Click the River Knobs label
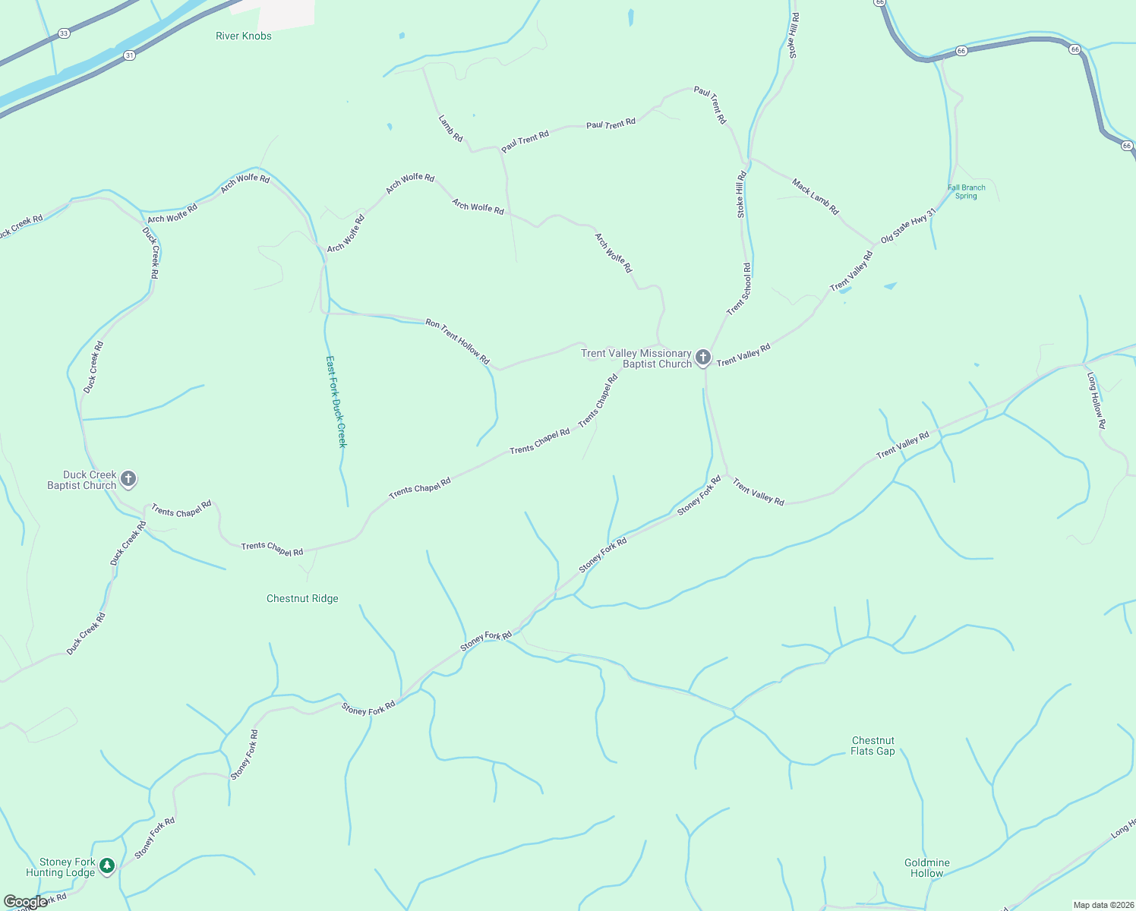(x=243, y=36)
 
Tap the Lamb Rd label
(x=450, y=128)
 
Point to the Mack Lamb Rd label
(x=815, y=197)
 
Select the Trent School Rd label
(x=739, y=289)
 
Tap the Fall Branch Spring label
(x=966, y=192)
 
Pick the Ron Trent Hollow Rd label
(x=457, y=342)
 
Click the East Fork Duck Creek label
(x=336, y=402)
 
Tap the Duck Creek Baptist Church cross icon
(x=128, y=479)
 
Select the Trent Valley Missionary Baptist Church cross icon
(x=703, y=358)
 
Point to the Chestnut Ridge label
(x=302, y=598)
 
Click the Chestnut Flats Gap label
(x=873, y=746)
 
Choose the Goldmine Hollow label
(x=926, y=868)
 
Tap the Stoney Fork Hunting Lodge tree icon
(x=107, y=865)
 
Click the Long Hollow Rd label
(x=1096, y=400)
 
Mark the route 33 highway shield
(x=64, y=33)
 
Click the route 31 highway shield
(x=129, y=55)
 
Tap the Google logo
(x=25, y=903)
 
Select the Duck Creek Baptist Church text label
(x=82, y=480)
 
